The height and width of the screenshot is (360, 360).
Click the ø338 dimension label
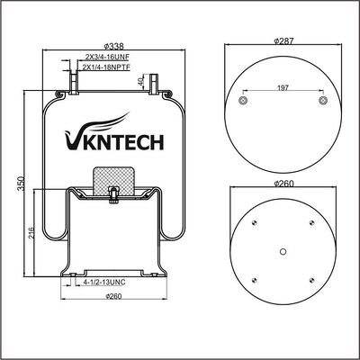[x=114, y=46]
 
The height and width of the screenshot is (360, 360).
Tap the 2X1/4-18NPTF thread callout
[x=106, y=67]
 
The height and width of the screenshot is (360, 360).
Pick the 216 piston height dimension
[x=31, y=233]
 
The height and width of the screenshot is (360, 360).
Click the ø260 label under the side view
[x=113, y=296]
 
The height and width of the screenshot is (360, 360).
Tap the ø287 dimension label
[x=283, y=40]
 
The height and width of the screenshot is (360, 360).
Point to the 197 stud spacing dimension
[x=283, y=87]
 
